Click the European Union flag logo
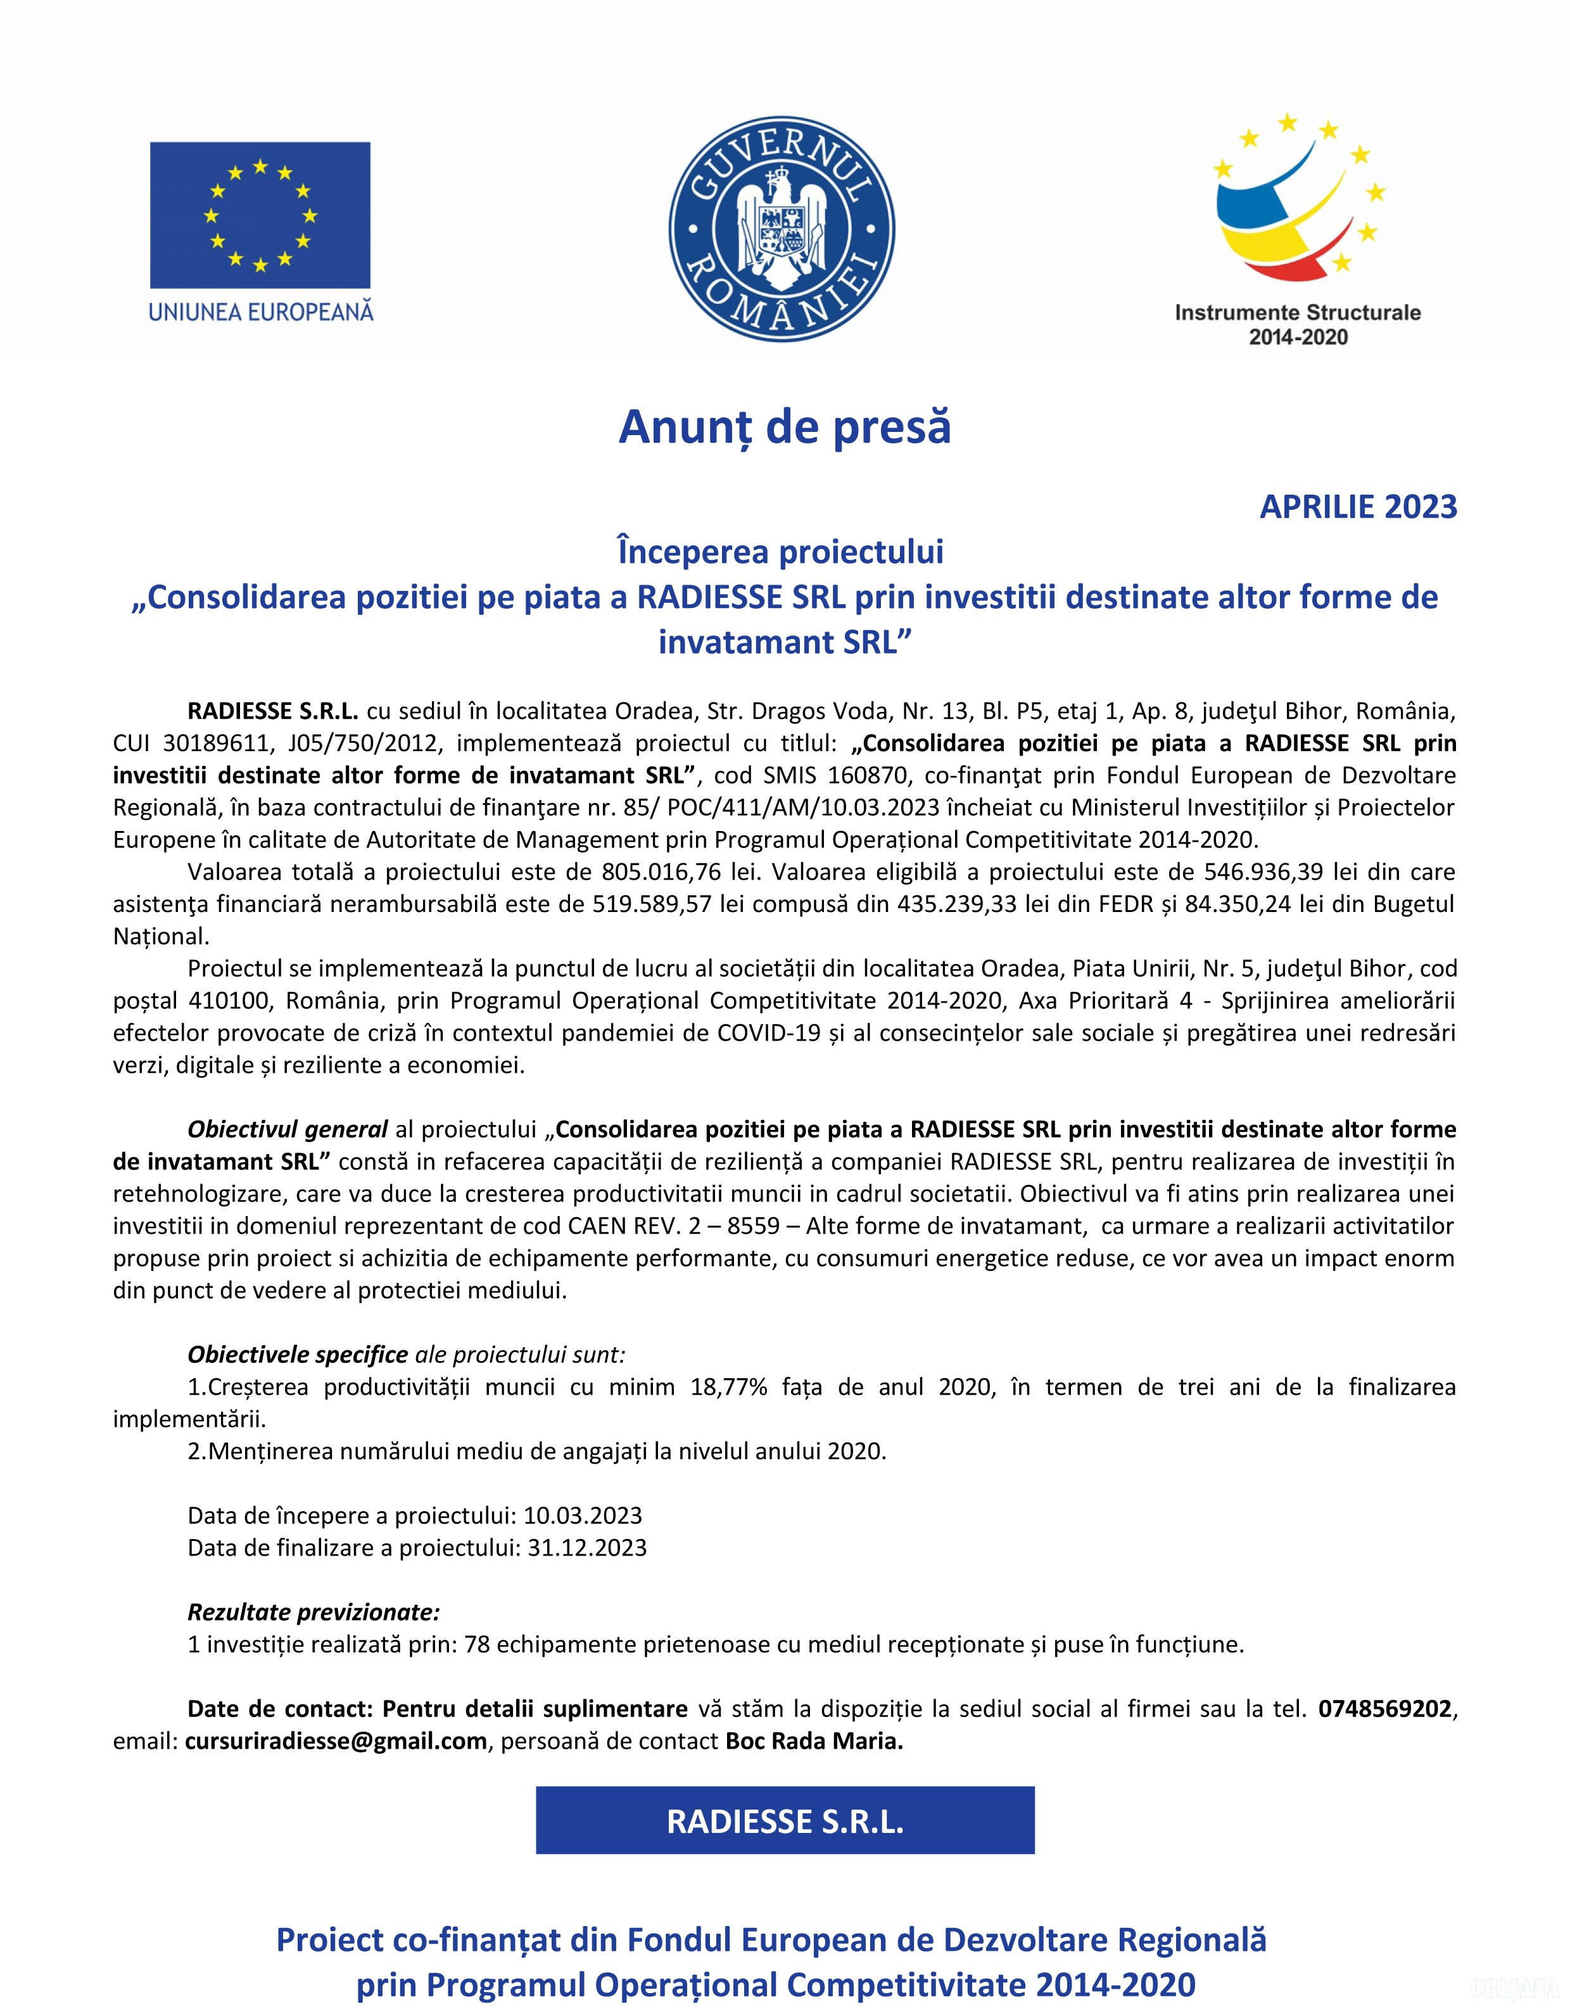(260, 214)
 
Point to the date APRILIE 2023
(1358, 507)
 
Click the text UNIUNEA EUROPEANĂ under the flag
(261, 311)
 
